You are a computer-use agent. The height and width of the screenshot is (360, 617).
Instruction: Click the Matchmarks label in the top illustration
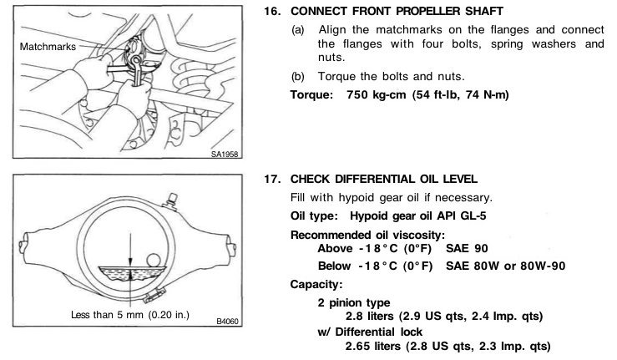(48, 47)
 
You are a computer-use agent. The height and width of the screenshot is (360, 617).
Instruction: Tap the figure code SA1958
(225, 154)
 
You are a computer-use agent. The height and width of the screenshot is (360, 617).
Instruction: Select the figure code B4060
(227, 322)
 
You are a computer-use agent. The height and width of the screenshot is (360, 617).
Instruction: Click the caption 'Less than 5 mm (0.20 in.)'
(130, 315)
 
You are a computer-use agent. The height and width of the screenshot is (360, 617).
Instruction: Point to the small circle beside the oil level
(153, 261)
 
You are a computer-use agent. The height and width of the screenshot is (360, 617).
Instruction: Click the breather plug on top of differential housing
(171, 200)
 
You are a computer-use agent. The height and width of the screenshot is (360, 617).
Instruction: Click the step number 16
(272, 11)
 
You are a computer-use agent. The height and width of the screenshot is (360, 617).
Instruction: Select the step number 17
(272, 180)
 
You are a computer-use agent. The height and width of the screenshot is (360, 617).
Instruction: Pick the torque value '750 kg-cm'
(376, 95)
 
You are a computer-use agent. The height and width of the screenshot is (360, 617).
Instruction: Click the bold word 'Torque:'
(311, 95)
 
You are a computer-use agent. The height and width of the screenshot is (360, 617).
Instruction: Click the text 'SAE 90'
(467, 249)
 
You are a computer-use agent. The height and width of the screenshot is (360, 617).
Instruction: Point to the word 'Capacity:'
(316, 284)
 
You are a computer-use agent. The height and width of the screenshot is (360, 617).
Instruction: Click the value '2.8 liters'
(370, 316)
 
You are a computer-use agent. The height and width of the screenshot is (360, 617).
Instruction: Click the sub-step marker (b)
(298, 76)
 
